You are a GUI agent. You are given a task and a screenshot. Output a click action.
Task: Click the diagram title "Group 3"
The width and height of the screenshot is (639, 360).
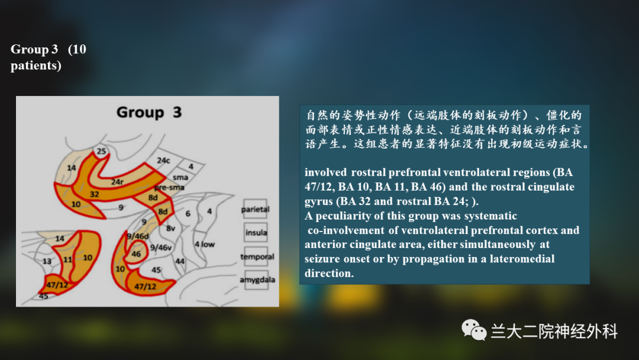pyautogui.click(x=149, y=112)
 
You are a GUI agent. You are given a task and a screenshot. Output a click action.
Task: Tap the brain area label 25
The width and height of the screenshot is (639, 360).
pyautogui.click(x=101, y=151)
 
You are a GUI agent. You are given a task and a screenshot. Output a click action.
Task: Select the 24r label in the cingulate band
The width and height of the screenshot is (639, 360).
pyautogui.click(x=117, y=182)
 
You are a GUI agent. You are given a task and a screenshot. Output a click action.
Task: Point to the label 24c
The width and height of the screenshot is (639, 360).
pyautogui.click(x=163, y=160)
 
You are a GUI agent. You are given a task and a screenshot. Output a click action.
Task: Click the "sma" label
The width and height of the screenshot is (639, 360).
pyautogui.click(x=180, y=178)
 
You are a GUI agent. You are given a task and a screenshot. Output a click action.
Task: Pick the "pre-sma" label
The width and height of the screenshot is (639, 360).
pyautogui.click(x=169, y=188)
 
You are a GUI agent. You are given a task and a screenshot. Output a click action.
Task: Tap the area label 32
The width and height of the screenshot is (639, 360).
pyautogui.click(x=94, y=194)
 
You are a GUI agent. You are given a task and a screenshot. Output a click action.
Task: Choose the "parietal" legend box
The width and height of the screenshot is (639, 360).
pyautogui.click(x=255, y=209)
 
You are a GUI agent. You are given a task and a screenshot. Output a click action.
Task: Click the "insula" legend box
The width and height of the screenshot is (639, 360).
pyautogui.click(x=256, y=232)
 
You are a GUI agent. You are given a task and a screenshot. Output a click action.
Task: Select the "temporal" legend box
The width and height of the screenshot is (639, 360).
pyautogui.click(x=257, y=256)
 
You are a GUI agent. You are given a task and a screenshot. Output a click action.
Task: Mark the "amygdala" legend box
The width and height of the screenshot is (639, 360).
pyautogui.click(x=257, y=279)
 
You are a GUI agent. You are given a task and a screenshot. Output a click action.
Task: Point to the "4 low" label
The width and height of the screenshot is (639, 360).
pyautogui.click(x=204, y=244)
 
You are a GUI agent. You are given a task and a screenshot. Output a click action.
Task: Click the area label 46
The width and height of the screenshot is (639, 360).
pyautogui.click(x=136, y=254)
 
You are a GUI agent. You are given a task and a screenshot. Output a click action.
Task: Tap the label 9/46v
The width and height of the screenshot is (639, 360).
pyautogui.click(x=160, y=247)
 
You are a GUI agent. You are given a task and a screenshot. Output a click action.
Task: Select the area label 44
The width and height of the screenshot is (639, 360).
pyautogui.click(x=180, y=261)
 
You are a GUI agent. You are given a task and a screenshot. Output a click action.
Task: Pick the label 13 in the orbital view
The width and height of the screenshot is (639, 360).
pyautogui.click(x=47, y=261)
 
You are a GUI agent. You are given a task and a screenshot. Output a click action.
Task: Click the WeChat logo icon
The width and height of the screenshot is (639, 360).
pyautogui.click(x=474, y=329)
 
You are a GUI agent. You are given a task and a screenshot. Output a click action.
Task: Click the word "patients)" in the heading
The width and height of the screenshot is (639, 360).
pyautogui.click(x=36, y=65)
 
